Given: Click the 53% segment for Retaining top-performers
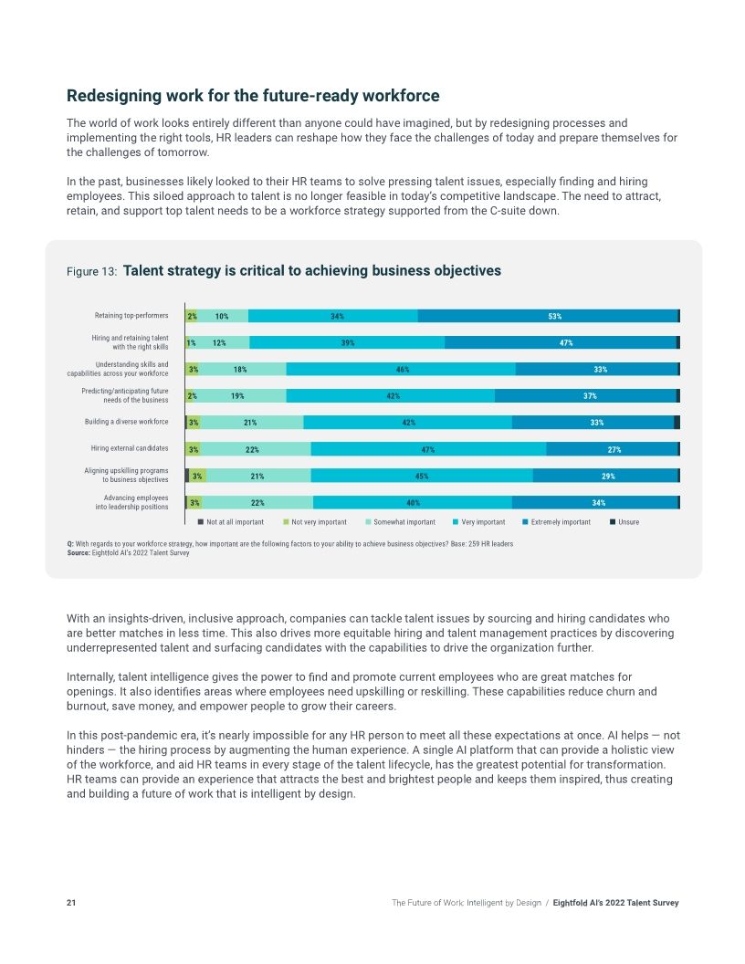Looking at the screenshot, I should point(548,316).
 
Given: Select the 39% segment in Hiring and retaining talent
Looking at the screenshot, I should point(347,342).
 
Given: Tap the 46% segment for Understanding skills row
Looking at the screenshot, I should point(401,370).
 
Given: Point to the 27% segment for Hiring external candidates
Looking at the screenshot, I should point(613,449).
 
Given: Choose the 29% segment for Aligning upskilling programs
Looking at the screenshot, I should point(606,476).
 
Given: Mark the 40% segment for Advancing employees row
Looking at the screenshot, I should point(413,502).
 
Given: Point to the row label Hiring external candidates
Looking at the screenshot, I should point(129,448).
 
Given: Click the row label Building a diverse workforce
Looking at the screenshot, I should point(126,422).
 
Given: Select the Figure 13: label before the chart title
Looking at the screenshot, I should point(91,272).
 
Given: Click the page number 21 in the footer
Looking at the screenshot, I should point(71,903).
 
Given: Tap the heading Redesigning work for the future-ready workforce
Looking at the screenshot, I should point(253,96).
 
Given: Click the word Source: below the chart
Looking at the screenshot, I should point(79,552).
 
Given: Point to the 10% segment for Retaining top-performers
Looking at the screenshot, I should point(222,316).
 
